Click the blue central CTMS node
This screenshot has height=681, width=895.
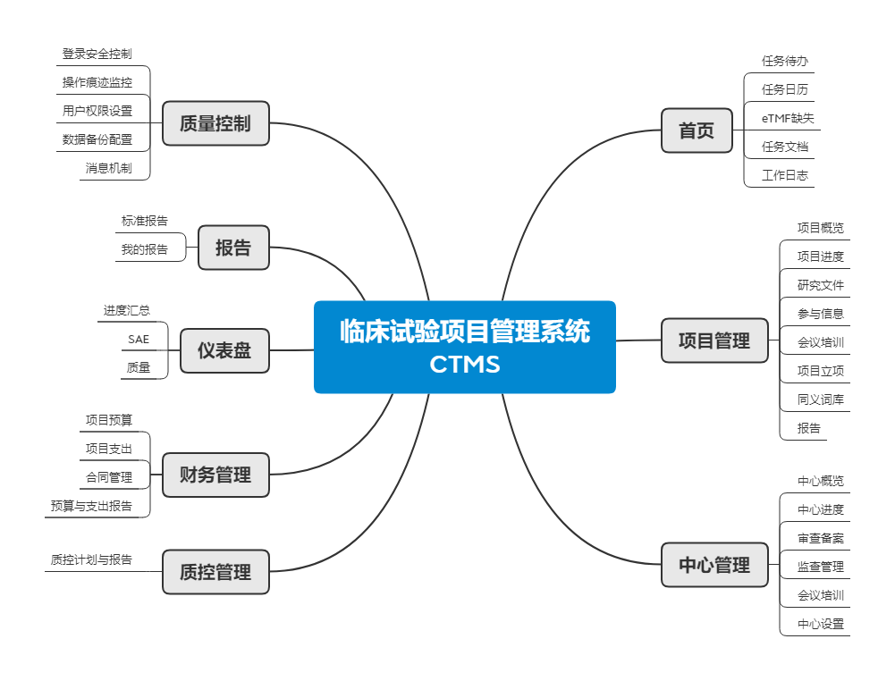pyautogui.click(x=464, y=347)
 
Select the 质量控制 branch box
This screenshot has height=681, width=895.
pyautogui.click(x=215, y=123)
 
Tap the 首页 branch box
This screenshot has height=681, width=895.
pyautogui.click(x=697, y=130)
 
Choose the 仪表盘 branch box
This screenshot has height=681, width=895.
pyautogui.click(x=224, y=350)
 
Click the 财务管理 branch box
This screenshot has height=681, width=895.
pyautogui.click(x=215, y=475)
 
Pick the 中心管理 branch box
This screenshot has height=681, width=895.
pyautogui.click(x=714, y=565)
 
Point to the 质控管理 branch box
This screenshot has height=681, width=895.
pyautogui.click(x=215, y=572)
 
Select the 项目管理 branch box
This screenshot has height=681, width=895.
pyautogui.click(x=714, y=340)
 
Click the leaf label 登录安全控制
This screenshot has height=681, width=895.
pyautogui.click(x=97, y=55)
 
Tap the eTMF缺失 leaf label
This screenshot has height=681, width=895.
pyautogui.click(x=788, y=118)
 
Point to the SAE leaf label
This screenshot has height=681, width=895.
pyautogui.click(x=139, y=340)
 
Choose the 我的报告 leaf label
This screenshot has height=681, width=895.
pyautogui.click(x=145, y=250)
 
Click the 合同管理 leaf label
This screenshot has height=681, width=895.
pyautogui.click(x=109, y=477)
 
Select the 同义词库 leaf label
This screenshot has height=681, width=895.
pyautogui.click(x=820, y=399)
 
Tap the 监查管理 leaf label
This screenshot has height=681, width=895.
pyautogui.click(x=820, y=567)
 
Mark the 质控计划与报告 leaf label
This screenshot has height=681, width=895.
pyautogui.click(x=91, y=560)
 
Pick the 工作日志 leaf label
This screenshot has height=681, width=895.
pyautogui.click(x=784, y=175)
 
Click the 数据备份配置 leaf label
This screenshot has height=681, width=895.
pyautogui.click(x=97, y=139)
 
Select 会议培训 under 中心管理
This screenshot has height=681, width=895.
pyautogui.click(x=820, y=595)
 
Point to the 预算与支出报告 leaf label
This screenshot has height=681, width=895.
pyautogui.click(x=91, y=506)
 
